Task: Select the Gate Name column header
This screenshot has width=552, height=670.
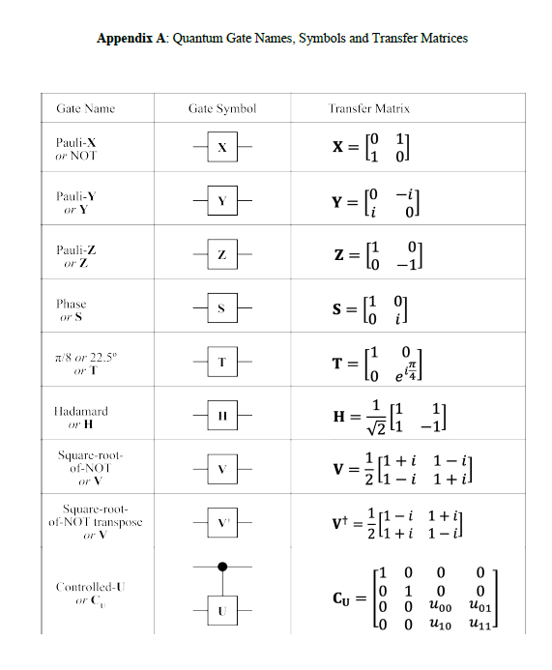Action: [85, 109]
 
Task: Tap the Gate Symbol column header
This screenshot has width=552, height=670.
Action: [221, 109]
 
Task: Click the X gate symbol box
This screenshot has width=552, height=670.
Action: [221, 149]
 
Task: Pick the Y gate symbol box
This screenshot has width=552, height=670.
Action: [221, 201]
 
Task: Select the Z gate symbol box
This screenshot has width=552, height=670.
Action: [221, 255]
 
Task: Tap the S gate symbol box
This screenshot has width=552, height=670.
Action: [221, 309]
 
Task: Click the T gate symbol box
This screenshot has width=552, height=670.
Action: [221, 363]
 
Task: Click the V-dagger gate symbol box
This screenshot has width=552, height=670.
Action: [221, 522]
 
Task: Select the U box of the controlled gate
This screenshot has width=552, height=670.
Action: [221, 611]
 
